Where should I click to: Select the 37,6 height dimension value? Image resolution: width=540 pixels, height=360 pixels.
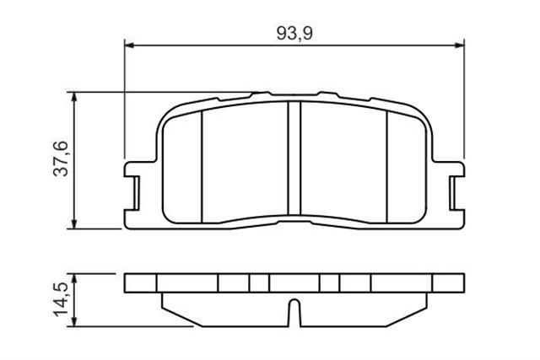point(61,159)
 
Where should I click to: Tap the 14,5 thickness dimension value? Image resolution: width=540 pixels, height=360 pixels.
point(61,300)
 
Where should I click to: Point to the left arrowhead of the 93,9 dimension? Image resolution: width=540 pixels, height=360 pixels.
point(130,44)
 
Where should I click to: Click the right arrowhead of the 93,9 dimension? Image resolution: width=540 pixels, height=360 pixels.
point(460,44)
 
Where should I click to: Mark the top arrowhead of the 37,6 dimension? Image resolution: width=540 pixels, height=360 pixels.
point(77,97)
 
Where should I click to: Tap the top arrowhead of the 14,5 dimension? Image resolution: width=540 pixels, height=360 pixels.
point(77,277)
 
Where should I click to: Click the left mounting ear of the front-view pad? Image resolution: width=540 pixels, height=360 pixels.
point(133,186)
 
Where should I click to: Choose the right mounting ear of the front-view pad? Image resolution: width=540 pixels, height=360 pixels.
point(456,186)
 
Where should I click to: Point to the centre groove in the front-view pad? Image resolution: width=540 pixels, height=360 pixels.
point(294,160)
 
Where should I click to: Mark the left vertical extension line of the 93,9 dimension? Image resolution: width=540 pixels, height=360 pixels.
point(125,101)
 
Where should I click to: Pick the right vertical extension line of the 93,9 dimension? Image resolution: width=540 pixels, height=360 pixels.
point(465,101)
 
